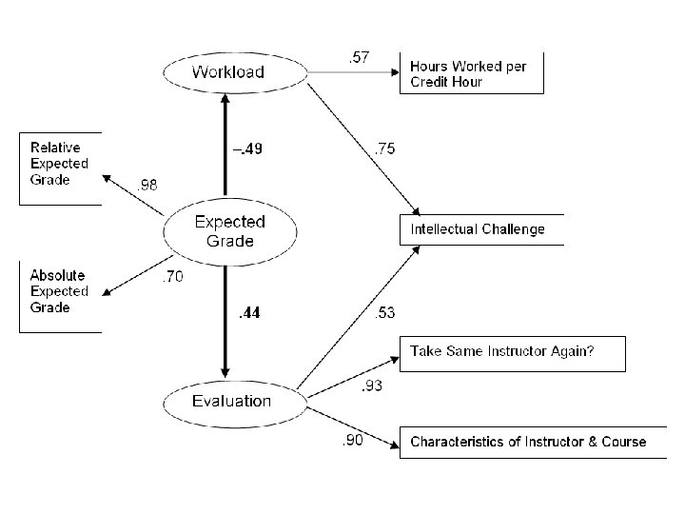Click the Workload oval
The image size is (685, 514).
pyautogui.click(x=225, y=71)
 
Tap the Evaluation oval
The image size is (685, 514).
pyautogui.click(x=231, y=401)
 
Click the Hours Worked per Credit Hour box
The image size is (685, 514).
pyautogui.click(x=472, y=73)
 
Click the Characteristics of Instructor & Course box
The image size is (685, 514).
pyautogui.click(x=528, y=442)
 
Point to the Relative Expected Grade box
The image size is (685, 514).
pyautogui.click(x=60, y=168)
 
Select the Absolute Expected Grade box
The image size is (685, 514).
pyautogui.click(x=60, y=297)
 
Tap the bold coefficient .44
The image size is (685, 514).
pyautogui.click(x=249, y=311)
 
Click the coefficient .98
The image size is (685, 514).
pyautogui.click(x=148, y=186)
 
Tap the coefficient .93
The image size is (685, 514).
pyautogui.click(x=373, y=386)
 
